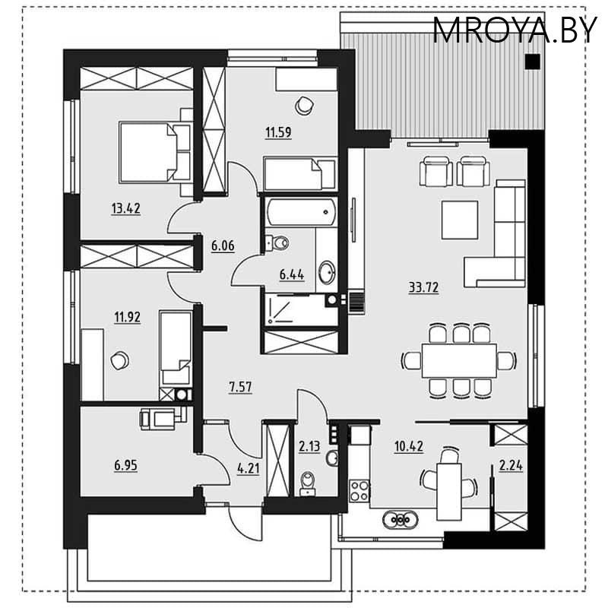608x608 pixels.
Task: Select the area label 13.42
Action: point(126,208)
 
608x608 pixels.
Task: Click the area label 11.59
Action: point(278,132)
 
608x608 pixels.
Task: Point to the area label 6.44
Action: point(292,276)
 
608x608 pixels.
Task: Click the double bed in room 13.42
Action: point(156,151)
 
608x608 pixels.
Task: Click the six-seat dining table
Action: point(459,359)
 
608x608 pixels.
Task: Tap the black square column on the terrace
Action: point(534,62)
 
